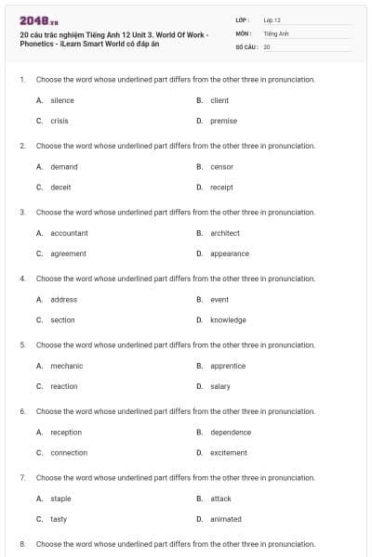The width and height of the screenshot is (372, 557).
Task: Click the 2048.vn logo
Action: pos(38,19)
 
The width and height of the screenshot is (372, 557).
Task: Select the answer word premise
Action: pos(223,121)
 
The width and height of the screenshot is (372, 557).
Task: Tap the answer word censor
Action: pos(221,167)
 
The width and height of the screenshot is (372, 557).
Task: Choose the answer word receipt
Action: pos(221,187)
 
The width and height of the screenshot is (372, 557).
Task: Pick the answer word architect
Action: pos(225,233)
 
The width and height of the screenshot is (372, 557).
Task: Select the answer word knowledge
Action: pos(228,319)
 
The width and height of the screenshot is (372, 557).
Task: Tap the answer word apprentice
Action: pos(228,366)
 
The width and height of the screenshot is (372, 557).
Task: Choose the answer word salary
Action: pos(220,386)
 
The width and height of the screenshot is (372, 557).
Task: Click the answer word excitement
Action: pos(229,452)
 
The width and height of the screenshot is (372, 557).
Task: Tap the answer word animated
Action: pos(226,519)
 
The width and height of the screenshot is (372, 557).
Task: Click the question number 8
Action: pos(22,543)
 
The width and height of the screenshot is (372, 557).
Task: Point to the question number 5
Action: pos(22,344)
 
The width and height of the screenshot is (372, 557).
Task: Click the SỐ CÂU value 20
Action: pos(267,45)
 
